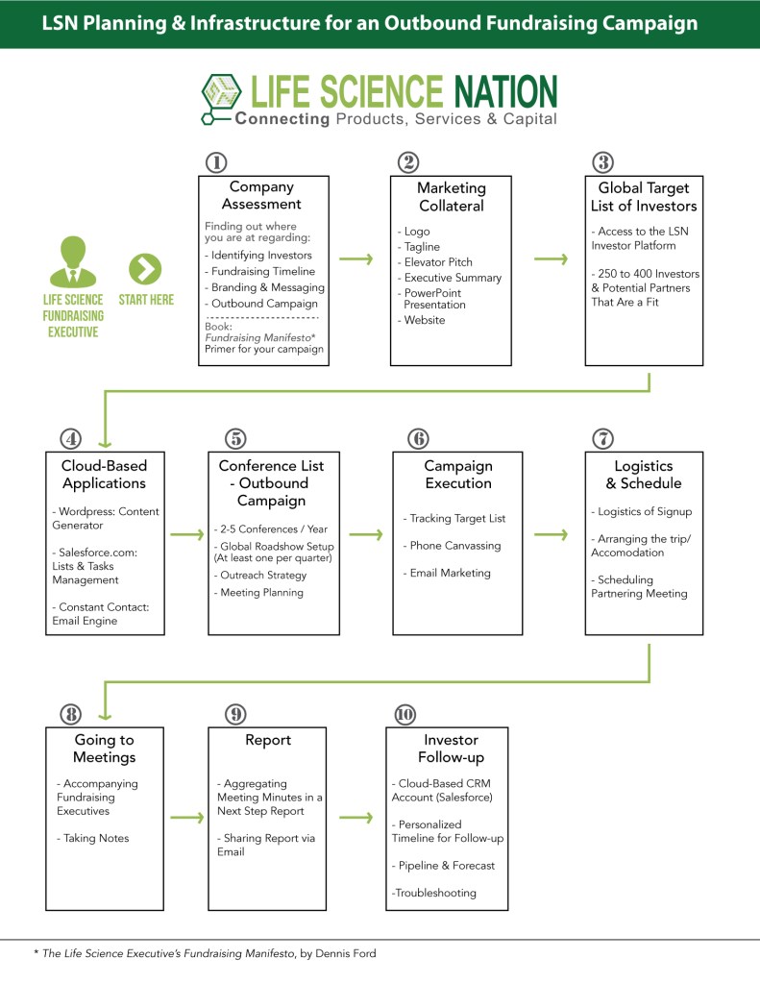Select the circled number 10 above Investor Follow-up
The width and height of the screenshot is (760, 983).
[x=405, y=714]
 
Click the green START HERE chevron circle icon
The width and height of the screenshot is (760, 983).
[x=145, y=269]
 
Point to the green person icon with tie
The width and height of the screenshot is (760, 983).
[x=72, y=261]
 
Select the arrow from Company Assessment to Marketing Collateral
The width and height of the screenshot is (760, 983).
[x=357, y=258]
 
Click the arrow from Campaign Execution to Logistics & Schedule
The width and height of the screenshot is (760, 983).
[x=552, y=534]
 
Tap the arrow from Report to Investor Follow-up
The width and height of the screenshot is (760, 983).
[x=356, y=818]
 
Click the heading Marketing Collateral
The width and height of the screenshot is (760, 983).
[x=451, y=196]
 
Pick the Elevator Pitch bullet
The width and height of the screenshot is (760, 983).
[x=438, y=262]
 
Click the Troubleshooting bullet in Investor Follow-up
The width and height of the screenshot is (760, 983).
[x=433, y=893]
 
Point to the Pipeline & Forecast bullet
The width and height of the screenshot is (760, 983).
[x=444, y=865]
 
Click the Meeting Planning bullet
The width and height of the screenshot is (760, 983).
[x=258, y=593]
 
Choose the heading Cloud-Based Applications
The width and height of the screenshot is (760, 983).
[x=104, y=475]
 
